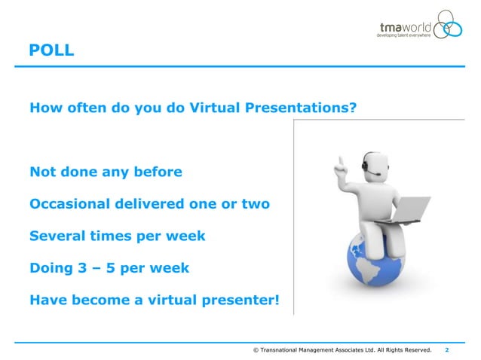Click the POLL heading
51,51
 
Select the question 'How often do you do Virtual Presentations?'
192,108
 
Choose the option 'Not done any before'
106,172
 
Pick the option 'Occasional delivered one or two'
149,204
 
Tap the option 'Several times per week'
117,236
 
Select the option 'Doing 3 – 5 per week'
109,268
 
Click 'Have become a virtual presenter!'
154,301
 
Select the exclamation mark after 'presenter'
276,301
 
